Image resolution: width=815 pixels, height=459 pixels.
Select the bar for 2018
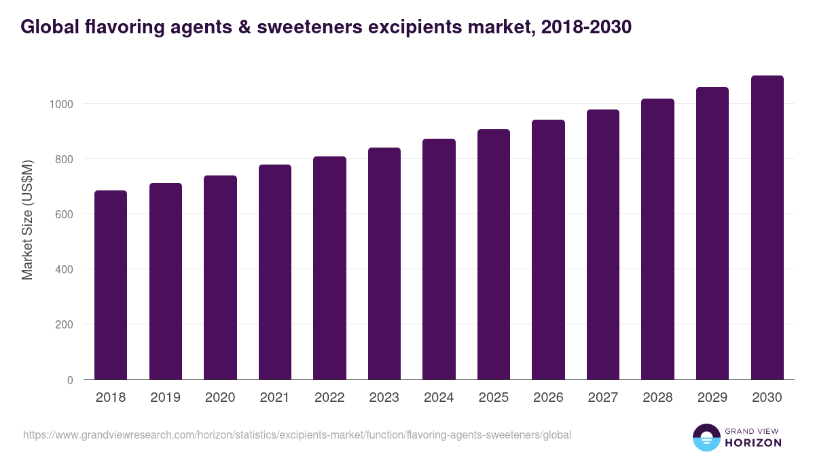click(x=111, y=285)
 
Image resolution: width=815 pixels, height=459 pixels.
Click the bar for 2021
click(x=275, y=272)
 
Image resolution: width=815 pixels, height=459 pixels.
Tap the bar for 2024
click(x=439, y=259)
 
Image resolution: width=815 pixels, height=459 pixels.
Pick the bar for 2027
click(x=603, y=245)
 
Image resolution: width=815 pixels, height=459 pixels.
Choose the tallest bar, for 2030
click(x=767, y=228)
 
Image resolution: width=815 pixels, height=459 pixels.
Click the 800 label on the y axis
click(x=65, y=159)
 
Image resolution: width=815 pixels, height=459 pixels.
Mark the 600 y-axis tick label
click(x=65, y=214)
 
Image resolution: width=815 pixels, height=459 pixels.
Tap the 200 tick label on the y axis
click(x=65, y=324)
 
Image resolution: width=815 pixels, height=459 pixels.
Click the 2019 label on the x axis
click(x=166, y=398)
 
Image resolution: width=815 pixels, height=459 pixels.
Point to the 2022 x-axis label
click(x=329, y=398)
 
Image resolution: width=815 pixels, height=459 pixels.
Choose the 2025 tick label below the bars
click(x=494, y=398)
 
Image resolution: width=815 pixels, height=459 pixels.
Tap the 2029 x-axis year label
click(x=712, y=398)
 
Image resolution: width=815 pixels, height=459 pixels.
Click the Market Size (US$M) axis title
click(x=27, y=219)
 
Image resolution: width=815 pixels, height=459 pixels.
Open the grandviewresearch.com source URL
click(x=297, y=435)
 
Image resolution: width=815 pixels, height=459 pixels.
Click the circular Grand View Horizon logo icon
click(x=706, y=437)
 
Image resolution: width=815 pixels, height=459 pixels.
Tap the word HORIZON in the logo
click(x=753, y=443)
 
